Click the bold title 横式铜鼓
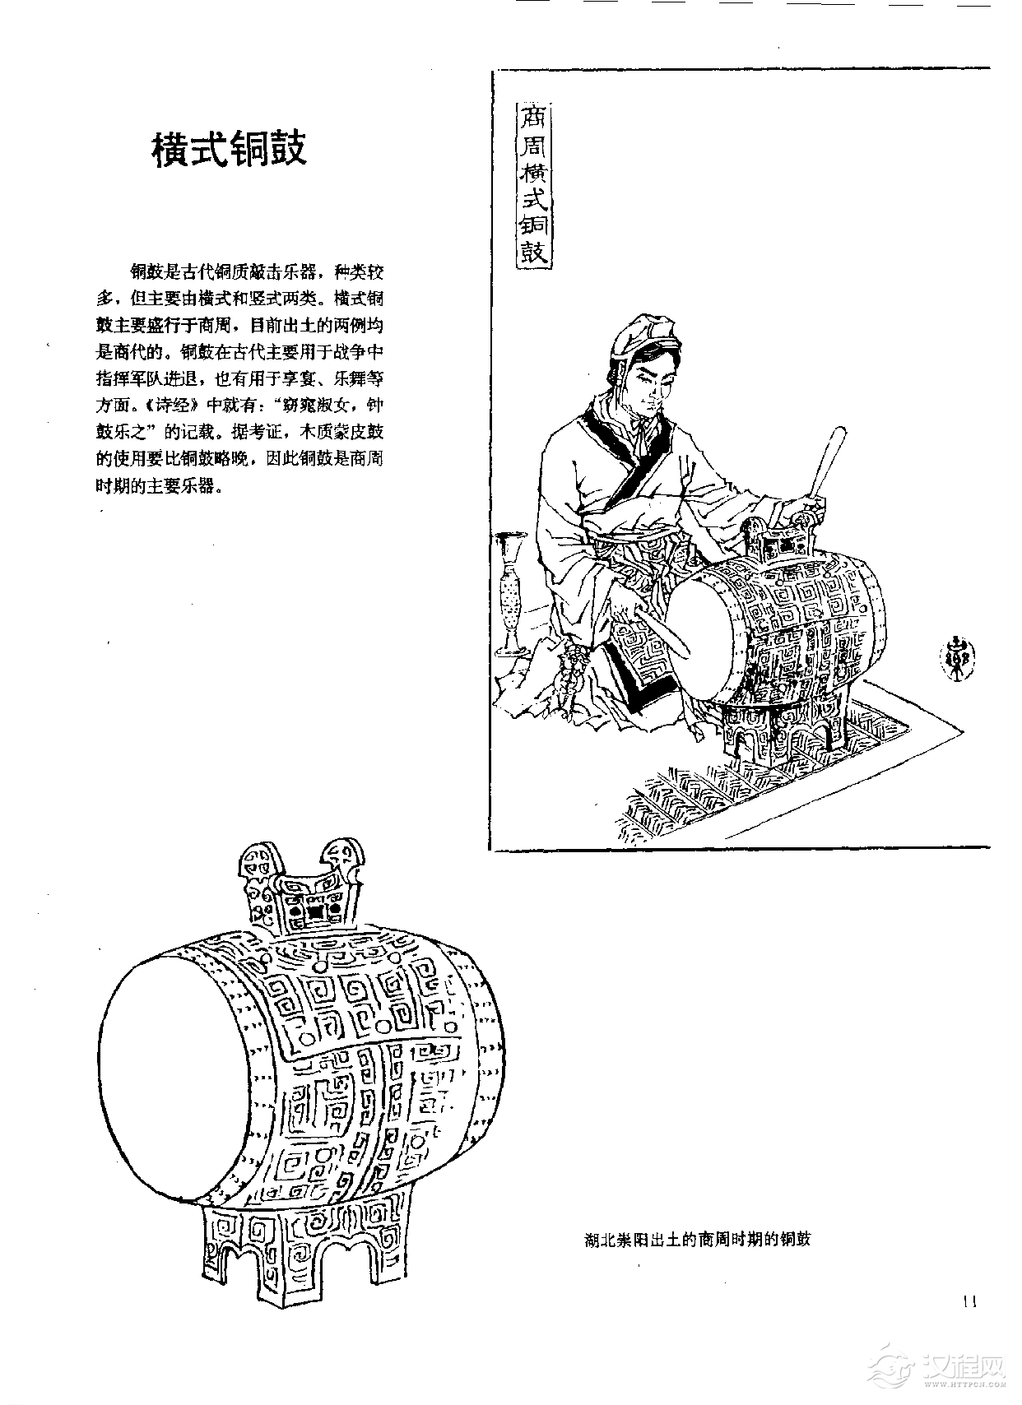pyautogui.click(x=230, y=149)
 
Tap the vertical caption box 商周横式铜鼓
pyautogui.click(x=532, y=185)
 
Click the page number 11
pyautogui.click(x=969, y=1324)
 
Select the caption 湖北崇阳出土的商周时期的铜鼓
pyautogui.click(x=697, y=1239)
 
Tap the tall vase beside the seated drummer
pyautogui.click(x=511, y=591)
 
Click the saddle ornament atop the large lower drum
pyautogui.click(x=301, y=888)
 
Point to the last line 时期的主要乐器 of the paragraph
pyautogui.click(x=160, y=485)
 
